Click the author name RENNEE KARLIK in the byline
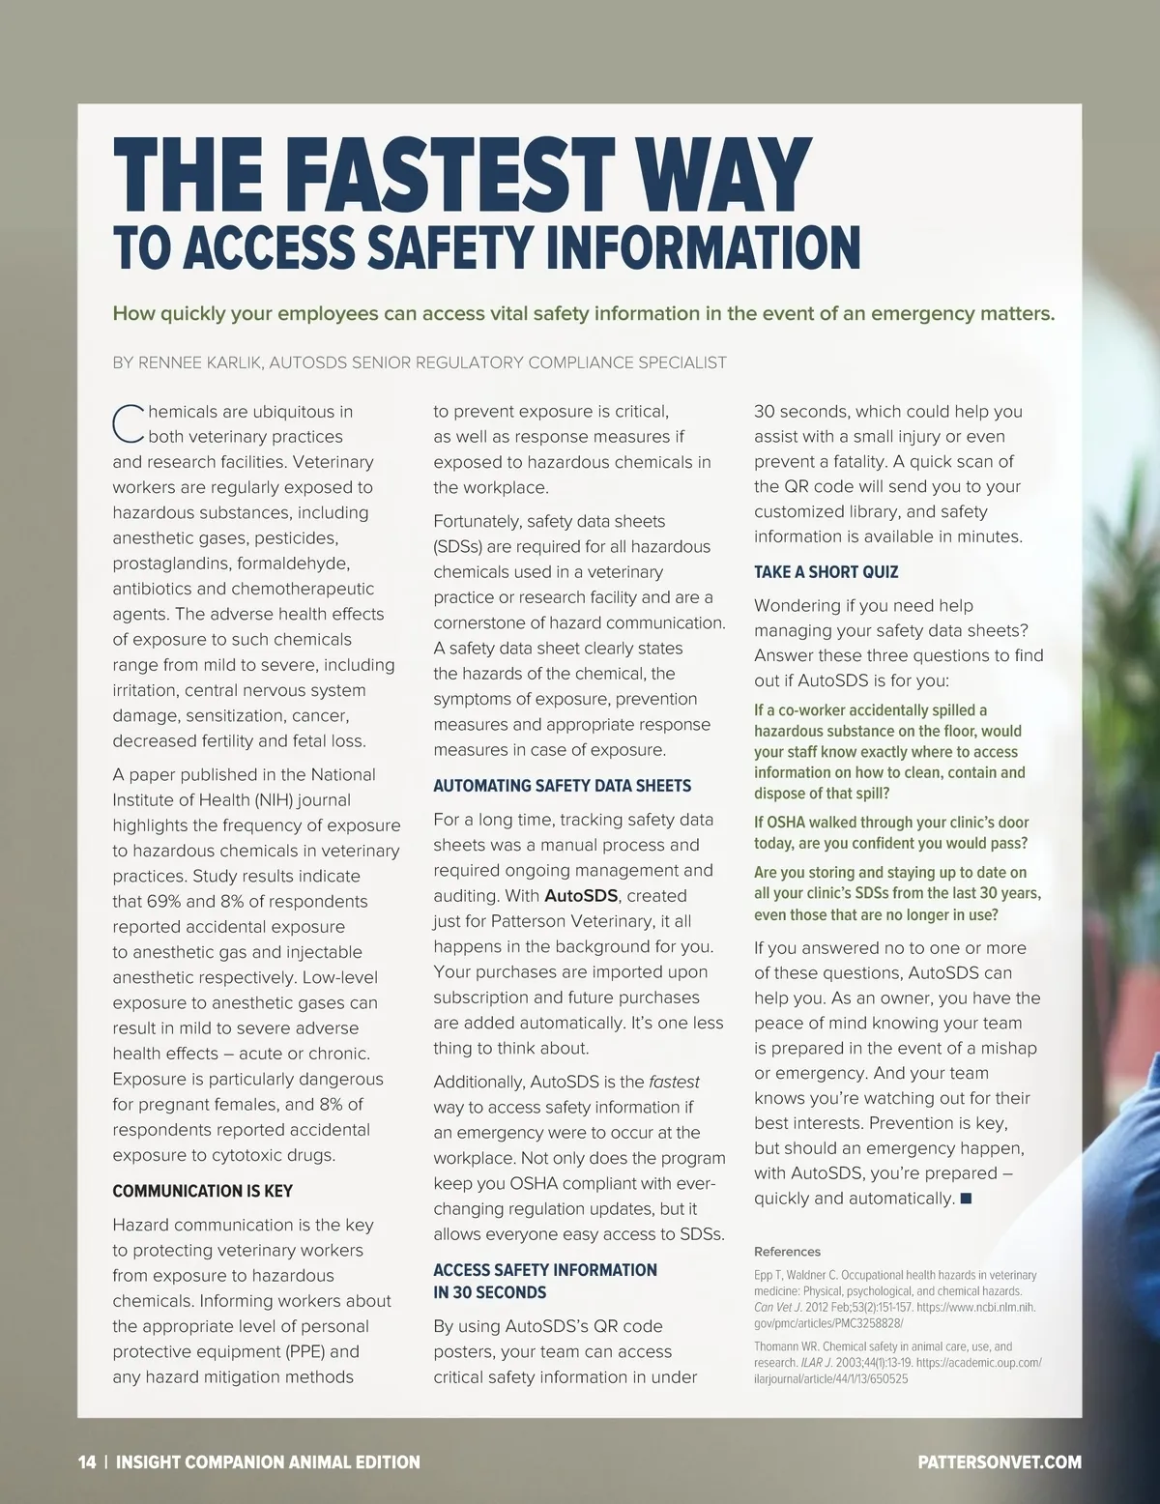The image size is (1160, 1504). click(x=200, y=363)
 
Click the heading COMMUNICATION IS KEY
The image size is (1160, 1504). click(x=203, y=1192)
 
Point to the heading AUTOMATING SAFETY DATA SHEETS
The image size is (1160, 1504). click(x=562, y=786)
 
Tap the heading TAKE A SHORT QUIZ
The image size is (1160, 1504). click(x=826, y=572)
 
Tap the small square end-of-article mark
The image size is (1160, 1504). click(x=965, y=1199)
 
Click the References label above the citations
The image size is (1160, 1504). click(x=787, y=1252)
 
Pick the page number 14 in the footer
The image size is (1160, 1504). click(x=87, y=1462)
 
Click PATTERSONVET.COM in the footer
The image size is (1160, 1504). click(x=1000, y=1462)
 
